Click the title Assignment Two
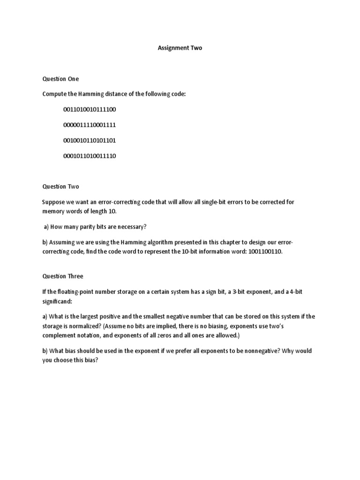tap(180, 48)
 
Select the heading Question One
tap(60, 79)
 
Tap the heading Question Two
tap(61, 187)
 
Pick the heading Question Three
tap(63, 276)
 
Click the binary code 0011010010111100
tap(90, 110)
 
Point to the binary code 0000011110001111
tap(90, 125)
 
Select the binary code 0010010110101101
tap(90, 141)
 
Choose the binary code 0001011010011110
tap(90, 156)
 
